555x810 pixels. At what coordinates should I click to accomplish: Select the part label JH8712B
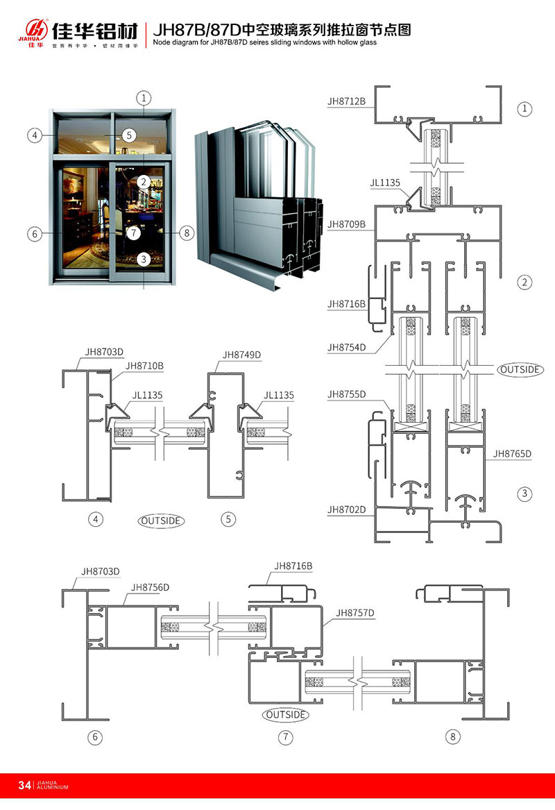coord(346,101)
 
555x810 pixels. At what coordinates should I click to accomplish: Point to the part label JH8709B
coord(346,224)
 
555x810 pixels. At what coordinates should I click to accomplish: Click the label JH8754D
coord(346,347)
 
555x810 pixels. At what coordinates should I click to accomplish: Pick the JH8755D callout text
coord(346,395)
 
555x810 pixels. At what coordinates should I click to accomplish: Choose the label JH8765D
coord(512,454)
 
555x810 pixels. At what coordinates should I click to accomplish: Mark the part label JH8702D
coord(346,510)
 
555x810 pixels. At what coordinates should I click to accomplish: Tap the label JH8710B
coord(144,365)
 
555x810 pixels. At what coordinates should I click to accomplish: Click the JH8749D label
coord(241,354)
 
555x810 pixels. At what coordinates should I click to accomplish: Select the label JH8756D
coord(150,587)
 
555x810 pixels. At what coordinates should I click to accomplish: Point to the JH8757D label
coord(355,613)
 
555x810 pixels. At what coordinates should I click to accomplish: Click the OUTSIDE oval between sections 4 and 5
coord(161,520)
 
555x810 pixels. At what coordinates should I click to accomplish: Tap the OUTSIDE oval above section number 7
coord(285,714)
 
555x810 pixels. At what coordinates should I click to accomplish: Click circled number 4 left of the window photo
coord(33,135)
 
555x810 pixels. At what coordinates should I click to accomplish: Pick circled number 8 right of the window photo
coord(186,233)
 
